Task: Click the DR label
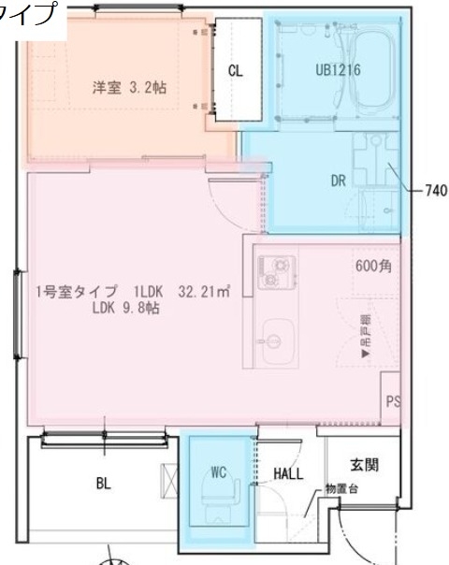339,181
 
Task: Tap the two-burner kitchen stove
277,271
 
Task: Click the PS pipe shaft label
393,401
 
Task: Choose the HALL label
289,474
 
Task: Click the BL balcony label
103,484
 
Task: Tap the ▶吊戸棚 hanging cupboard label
365,337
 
